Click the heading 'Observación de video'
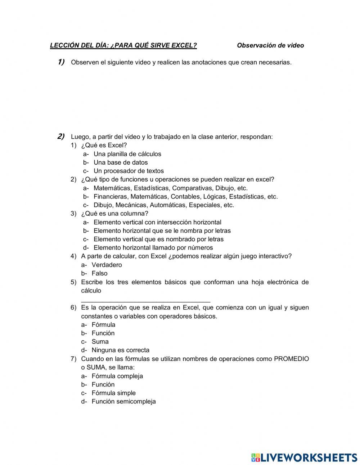click(x=270, y=45)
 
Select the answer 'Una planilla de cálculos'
click(x=127, y=154)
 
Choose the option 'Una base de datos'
click(x=121, y=162)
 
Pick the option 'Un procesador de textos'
click(x=129, y=171)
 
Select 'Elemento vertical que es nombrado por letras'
click(x=158, y=239)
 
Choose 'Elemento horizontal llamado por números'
click(x=153, y=248)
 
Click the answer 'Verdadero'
click(x=107, y=265)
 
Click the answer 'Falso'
click(x=99, y=273)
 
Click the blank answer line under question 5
click(x=145, y=300)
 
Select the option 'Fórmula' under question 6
click(x=103, y=325)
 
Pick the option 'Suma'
click(x=100, y=341)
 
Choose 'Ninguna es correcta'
click(x=120, y=350)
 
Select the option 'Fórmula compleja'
click(x=117, y=376)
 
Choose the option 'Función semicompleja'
click(x=123, y=402)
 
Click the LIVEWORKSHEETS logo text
click(x=309, y=457)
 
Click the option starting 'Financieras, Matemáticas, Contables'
click(x=185, y=197)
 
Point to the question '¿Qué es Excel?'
click(x=104, y=145)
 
